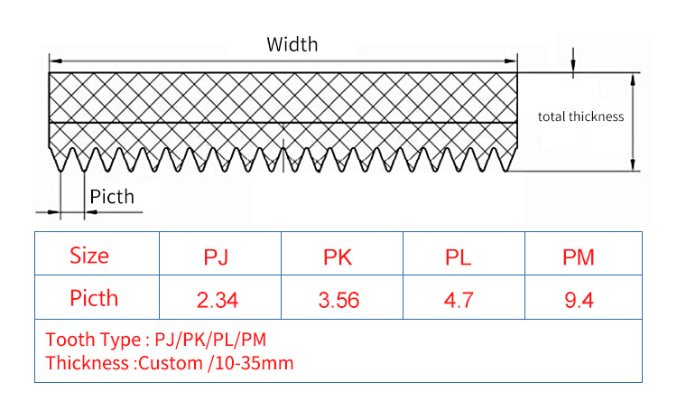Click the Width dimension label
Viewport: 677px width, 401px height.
292,43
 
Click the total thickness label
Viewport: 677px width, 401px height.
580,117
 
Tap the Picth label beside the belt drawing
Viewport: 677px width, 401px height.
112,196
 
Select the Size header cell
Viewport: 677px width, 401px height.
89,256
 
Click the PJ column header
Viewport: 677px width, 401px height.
217,257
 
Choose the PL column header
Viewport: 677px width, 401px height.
459,257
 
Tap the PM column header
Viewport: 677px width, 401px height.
579,257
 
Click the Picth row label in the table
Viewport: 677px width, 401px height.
94,297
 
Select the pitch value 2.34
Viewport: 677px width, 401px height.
217,300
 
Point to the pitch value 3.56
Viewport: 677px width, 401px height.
339,300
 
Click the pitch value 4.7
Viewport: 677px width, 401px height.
459,300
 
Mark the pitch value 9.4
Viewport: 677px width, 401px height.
579,300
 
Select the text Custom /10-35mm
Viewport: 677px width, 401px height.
217,363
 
